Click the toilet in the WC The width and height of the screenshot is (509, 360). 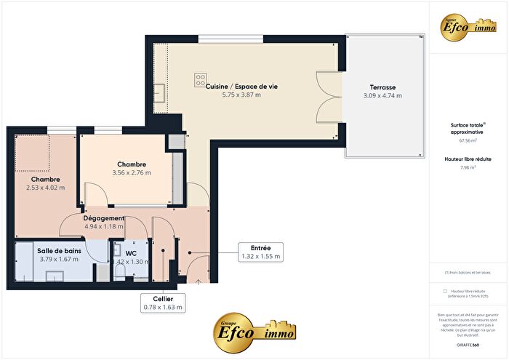pyautogui.click(x=121, y=271)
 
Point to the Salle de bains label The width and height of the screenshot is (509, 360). pyautogui.click(x=55, y=250)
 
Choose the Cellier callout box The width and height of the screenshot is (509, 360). pyautogui.click(x=163, y=303)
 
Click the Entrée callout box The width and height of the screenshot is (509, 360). pyautogui.click(x=260, y=252)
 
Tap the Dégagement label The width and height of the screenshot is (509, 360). pyautogui.click(x=103, y=217)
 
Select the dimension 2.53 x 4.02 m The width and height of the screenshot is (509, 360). pyautogui.click(x=45, y=188)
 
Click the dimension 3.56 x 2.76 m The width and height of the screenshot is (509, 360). pyautogui.click(x=131, y=173)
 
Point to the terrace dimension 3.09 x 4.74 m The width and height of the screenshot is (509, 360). pyautogui.click(x=383, y=95)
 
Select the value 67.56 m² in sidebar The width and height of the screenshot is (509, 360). pyautogui.click(x=468, y=140)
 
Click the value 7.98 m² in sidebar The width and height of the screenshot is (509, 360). pyautogui.click(x=468, y=167)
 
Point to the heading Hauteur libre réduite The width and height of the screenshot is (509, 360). pyautogui.click(x=468, y=158)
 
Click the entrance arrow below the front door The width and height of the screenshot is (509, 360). pyautogui.click(x=197, y=279)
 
